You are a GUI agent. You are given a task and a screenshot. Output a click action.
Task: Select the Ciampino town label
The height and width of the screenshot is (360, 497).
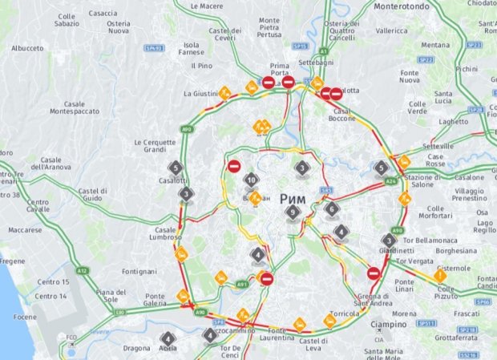[389, 324]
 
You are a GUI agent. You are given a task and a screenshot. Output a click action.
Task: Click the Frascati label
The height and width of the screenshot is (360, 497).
[467, 313]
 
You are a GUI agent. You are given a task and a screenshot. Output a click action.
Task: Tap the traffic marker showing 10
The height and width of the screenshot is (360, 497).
[252, 180]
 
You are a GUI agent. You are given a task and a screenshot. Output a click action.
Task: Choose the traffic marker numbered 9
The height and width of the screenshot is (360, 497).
[293, 212]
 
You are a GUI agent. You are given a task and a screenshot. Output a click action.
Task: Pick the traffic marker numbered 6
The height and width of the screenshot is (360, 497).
[332, 209]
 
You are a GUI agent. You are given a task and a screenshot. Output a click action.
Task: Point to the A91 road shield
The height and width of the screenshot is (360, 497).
[243, 284]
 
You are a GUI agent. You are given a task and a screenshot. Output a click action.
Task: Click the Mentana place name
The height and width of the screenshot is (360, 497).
[435, 45]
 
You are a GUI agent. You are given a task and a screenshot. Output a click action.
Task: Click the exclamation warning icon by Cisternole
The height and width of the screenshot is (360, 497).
[440, 276]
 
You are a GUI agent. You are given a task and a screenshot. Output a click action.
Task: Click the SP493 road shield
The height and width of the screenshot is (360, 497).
[155, 48]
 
